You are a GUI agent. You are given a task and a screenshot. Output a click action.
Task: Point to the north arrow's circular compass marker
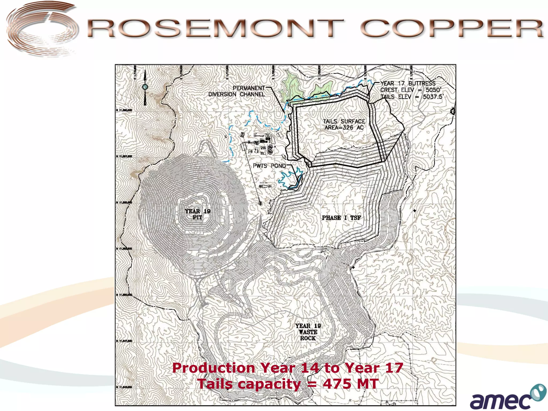pos(145,87)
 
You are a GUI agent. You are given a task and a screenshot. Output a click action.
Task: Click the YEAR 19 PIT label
pos(197,214)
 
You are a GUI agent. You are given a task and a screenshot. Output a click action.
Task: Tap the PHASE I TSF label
pos(341,218)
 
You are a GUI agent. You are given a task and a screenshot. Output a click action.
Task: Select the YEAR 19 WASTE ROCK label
pos(308,332)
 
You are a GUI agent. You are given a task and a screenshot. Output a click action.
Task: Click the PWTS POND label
pos(269,166)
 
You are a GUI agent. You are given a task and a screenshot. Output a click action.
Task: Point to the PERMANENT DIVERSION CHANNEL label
pos(237,91)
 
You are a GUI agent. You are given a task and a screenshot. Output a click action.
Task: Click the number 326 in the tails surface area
pos(348,128)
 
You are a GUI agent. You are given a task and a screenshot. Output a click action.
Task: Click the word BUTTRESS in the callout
pos(422,83)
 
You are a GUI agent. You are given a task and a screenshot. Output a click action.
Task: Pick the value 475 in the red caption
pos(337,383)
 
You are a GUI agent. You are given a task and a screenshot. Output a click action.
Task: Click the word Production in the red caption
pos(214,368)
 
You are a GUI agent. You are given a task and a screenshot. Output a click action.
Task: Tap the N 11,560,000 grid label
pos(124,110)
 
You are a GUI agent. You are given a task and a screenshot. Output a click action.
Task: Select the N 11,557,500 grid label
pos(124,156)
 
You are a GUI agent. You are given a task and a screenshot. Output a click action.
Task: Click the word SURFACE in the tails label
pos(353,121)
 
